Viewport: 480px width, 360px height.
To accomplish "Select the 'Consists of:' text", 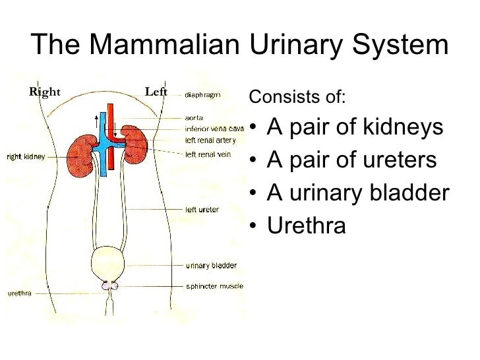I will (297, 98).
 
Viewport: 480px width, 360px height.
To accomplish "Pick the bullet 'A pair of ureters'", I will (351, 160).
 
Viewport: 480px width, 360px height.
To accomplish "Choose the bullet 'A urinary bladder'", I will (358, 193).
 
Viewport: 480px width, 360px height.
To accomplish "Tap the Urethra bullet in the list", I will (306, 225).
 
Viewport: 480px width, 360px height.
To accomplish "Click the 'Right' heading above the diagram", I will (45, 92).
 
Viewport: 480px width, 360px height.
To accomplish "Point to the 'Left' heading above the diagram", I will (156, 92).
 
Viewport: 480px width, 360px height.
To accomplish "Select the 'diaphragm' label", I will (202, 94).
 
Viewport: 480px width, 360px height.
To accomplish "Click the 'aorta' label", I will (194, 118).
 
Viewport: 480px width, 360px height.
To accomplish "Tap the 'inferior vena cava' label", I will (214, 129).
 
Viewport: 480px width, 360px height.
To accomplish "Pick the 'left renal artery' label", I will (206, 139).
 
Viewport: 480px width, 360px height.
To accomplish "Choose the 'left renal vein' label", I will (204, 154).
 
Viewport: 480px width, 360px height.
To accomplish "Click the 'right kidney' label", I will (26, 157).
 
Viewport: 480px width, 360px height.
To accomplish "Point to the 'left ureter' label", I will (202, 210).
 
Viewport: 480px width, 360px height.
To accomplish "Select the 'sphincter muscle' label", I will (214, 286).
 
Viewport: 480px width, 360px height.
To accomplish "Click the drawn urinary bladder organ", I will (109, 262).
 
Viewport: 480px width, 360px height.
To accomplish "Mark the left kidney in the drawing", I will (136, 143).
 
